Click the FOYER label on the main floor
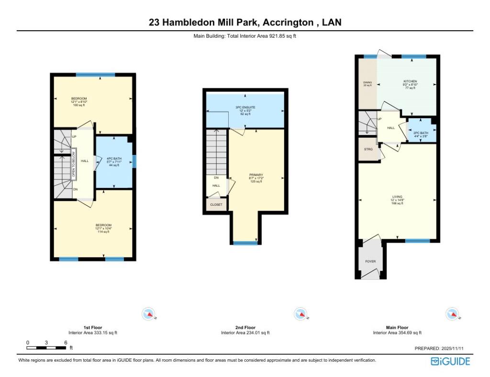pyautogui.click(x=370, y=262)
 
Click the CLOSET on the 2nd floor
pyautogui.click(x=216, y=205)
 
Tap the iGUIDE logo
pyautogui.click(x=450, y=361)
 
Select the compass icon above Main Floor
pyautogui.click(x=452, y=314)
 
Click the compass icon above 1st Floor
pyautogui.click(x=149, y=314)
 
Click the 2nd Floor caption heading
pyautogui.click(x=245, y=328)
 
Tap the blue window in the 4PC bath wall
pyautogui.click(x=134, y=161)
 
